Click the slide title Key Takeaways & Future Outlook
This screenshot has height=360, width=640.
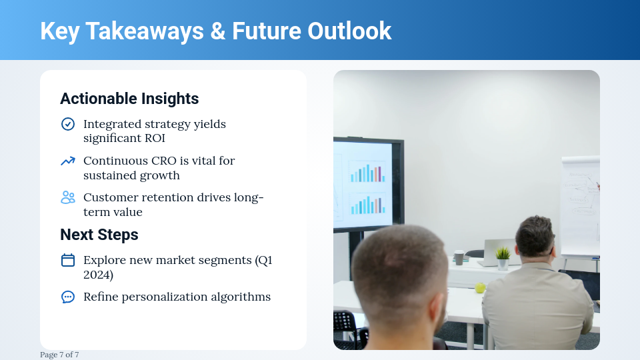click(x=215, y=31)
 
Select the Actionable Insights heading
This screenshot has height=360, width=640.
click(x=129, y=99)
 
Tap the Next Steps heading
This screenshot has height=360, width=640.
click(x=99, y=235)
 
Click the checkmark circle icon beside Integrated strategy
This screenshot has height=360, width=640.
click(x=68, y=124)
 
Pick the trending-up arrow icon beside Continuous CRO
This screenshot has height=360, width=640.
click(x=68, y=161)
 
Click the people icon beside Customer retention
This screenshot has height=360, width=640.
click(x=68, y=197)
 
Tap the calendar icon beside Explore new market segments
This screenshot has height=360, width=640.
click(x=68, y=260)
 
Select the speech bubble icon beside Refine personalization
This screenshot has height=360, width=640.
click(x=68, y=297)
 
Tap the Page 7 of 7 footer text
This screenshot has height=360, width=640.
click(x=59, y=355)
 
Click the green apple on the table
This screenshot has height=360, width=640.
click(x=479, y=288)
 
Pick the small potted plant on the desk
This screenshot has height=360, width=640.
click(x=503, y=257)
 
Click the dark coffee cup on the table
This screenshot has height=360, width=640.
click(x=459, y=257)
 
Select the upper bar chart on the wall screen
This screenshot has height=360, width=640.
click(x=367, y=172)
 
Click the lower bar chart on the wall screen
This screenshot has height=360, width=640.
click(x=367, y=204)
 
